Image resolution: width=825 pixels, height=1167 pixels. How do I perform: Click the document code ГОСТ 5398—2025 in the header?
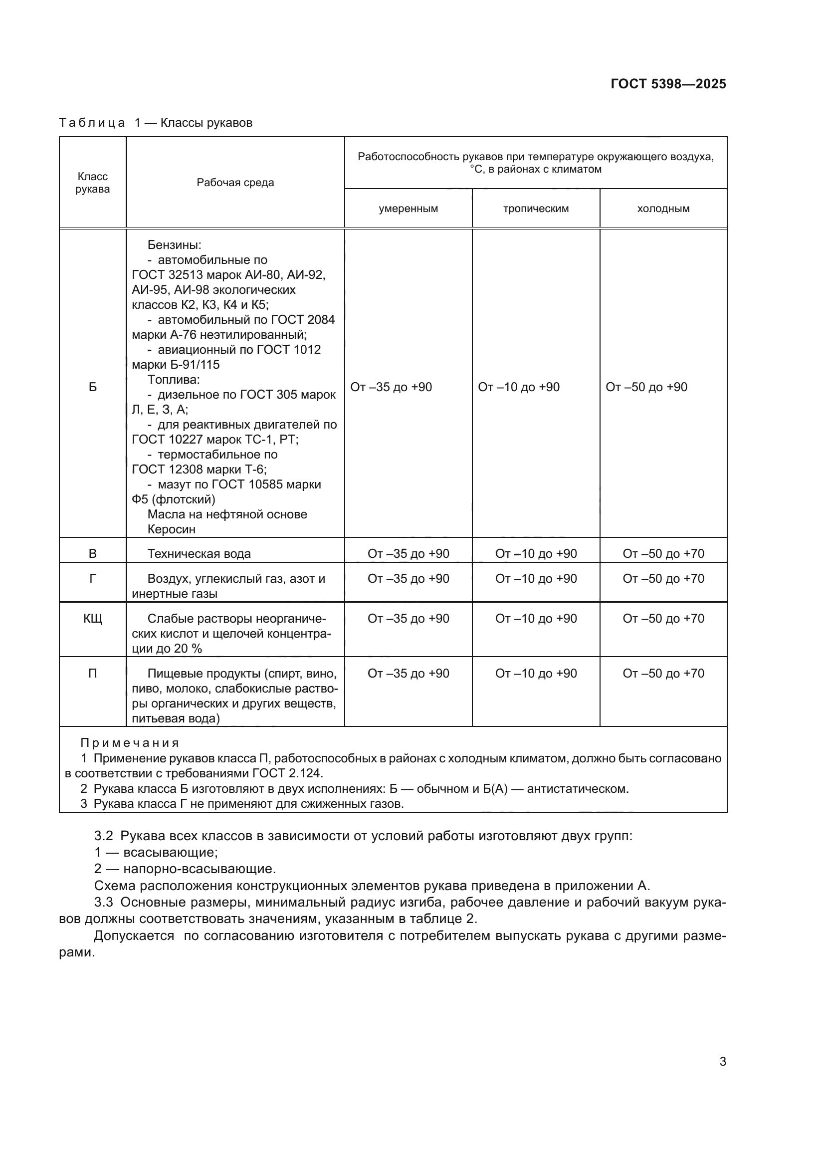point(668,84)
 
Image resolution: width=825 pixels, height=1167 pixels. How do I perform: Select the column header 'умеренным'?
point(408,209)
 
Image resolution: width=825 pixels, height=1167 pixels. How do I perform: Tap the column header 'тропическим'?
point(535,209)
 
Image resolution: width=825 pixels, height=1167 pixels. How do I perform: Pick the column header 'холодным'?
point(663,209)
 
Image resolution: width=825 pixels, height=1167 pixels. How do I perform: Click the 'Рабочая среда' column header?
point(235,183)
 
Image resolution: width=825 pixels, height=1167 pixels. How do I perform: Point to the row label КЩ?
point(92,619)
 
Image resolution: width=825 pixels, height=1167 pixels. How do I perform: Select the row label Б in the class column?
point(92,387)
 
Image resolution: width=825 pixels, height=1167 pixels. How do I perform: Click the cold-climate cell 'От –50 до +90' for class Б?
point(646,387)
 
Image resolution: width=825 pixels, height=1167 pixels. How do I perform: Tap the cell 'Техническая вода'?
point(199,553)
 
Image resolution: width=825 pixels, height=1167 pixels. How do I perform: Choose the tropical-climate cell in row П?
point(535,674)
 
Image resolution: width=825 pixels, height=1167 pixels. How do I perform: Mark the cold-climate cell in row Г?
point(663,578)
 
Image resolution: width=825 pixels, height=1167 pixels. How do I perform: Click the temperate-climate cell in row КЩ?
point(408,619)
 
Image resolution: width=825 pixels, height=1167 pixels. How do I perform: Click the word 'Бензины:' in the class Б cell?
point(174,245)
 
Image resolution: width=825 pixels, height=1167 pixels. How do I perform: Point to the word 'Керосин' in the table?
point(171,529)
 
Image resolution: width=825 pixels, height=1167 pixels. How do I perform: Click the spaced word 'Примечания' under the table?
point(130,743)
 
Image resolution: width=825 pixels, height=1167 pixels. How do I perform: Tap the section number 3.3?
point(104,902)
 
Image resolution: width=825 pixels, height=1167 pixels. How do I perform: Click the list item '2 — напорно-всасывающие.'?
point(185,869)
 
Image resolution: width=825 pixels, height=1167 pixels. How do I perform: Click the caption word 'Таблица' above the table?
point(92,123)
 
